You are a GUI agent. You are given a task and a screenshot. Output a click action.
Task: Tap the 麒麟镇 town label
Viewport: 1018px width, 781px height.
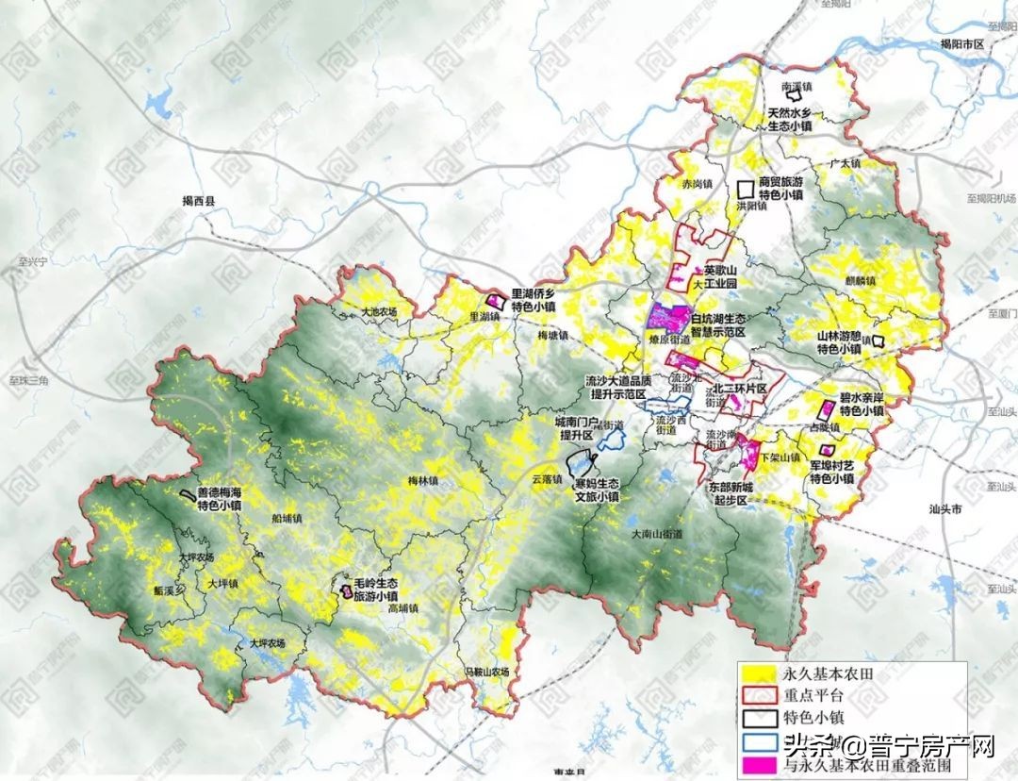(x=861, y=281)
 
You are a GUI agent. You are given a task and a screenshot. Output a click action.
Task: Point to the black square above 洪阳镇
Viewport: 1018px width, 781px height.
(x=747, y=189)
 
